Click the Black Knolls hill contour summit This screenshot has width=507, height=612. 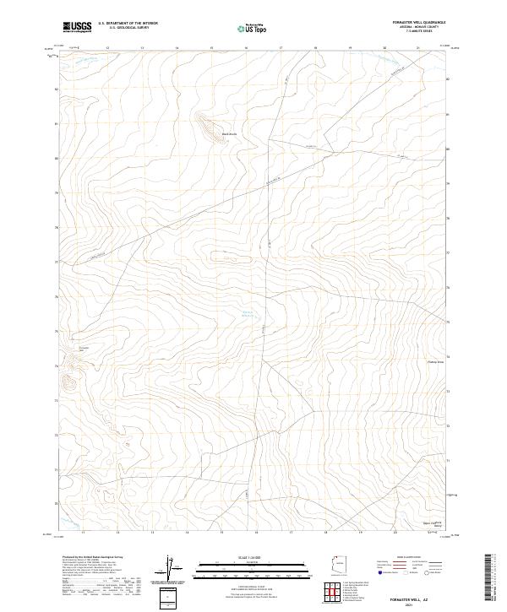click(x=205, y=124)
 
